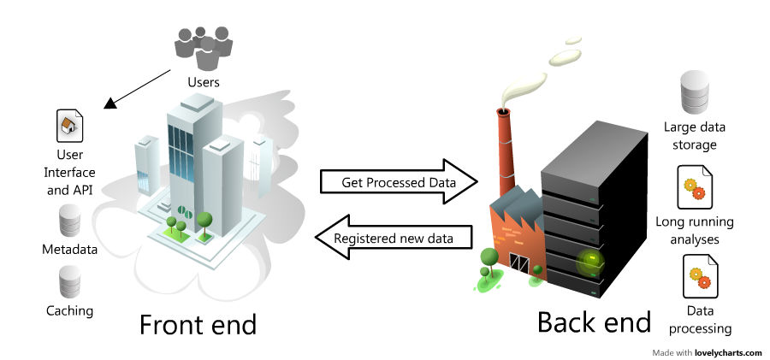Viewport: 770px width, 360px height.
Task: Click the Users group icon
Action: tap(204, 48)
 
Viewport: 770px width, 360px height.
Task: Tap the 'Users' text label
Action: tap(204, 83)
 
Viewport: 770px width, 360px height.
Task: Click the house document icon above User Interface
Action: tap(69, 127)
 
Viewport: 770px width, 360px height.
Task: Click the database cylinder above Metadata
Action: tap(69, 221)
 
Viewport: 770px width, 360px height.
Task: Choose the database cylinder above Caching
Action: tap(69, 281)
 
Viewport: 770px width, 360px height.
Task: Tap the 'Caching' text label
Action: tap(69, 310)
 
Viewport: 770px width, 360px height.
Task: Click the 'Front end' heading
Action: tap(198, 325)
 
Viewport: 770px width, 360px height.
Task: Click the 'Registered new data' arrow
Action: tap(393, 238)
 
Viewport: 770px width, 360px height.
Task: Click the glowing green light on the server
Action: tap(588, 263)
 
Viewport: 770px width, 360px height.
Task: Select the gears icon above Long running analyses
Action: tap(695, 188)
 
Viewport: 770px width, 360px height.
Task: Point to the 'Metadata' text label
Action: tap(69, 250)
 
